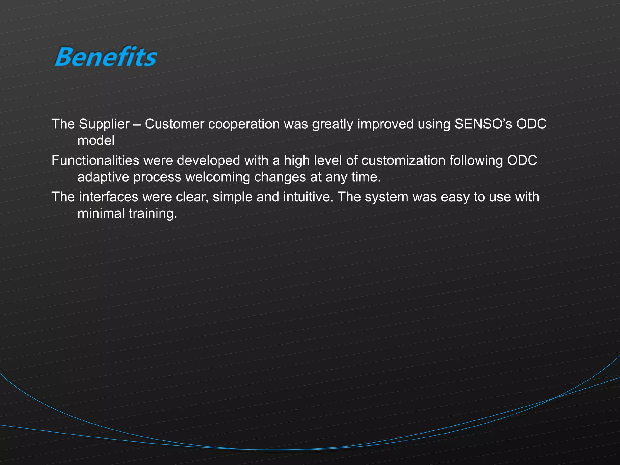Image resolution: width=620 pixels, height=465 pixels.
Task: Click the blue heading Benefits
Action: pyautogui.click(x=106, y=57)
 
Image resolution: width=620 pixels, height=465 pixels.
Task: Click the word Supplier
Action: pyautogui.click(x=104, y=124)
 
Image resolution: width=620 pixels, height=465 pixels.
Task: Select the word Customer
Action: pyautogui.click(x=174, y=124)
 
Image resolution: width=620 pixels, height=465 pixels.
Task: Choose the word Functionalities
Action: pyautogui.click(x=95, y=160)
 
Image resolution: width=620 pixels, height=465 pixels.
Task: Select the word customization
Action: pyautogui.click(x=403, y=160)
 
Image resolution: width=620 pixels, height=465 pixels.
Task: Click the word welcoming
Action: pyautogui.click(x=217, y=177)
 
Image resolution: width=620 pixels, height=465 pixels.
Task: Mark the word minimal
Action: pyautogui.click(x=101, y=214)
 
